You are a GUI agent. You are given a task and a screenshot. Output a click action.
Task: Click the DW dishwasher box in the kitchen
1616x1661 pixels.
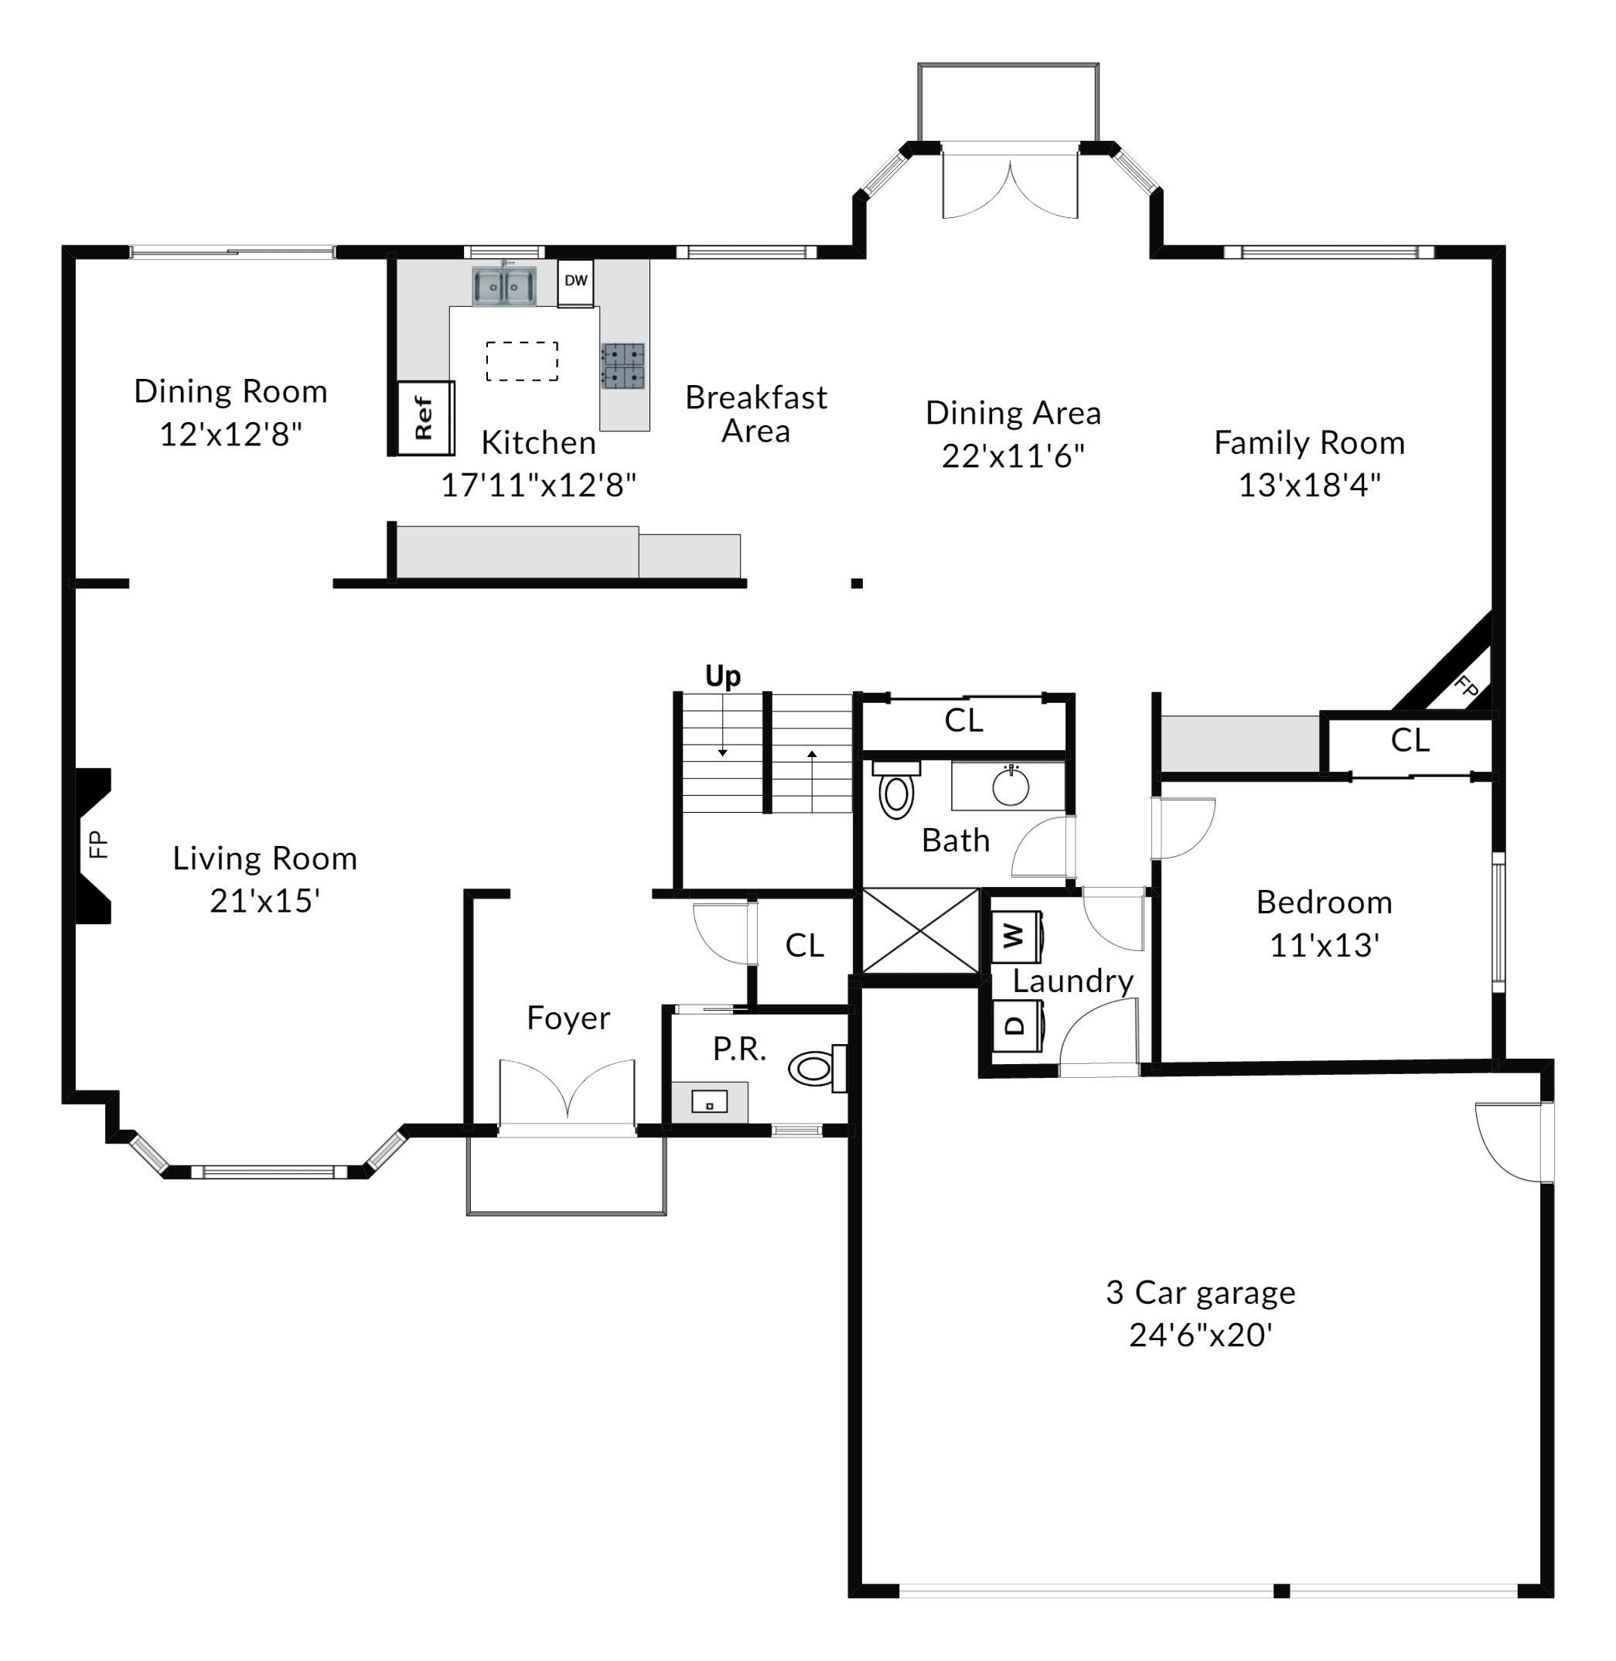coord(575,281)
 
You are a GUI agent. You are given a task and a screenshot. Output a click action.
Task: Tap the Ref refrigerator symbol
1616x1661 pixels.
coord(426,418)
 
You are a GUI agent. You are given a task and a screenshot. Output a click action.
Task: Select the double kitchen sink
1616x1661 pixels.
coord(504,286)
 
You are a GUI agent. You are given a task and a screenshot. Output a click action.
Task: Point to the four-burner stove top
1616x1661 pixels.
coord(623,366)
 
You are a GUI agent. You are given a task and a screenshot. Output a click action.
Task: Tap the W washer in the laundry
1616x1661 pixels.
coord(1017,937)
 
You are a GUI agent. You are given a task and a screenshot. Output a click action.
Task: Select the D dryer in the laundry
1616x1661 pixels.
coord(1017,1025)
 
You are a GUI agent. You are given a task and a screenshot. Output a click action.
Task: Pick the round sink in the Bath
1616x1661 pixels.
coord(1011,786)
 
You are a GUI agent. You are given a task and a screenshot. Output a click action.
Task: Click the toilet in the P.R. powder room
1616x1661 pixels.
coord(817,1068)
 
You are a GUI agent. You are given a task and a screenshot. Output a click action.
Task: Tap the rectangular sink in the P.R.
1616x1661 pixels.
coord(710,1102)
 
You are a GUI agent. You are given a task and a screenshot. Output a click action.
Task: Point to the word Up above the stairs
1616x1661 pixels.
coord(723,676)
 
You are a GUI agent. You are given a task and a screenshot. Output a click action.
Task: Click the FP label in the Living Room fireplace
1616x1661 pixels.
coord(98,844)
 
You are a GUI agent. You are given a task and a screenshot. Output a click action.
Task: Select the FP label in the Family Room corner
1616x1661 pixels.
coord(1466,687)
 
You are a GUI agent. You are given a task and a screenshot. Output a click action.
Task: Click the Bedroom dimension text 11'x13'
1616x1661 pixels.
coord(1324,945)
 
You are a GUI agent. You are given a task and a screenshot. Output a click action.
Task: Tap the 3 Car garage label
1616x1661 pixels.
coord(1200,1292)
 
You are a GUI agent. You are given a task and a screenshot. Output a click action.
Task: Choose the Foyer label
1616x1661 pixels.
coord(568,1018)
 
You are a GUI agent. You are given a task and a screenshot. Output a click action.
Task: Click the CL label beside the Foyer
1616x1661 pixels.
coord(805,945)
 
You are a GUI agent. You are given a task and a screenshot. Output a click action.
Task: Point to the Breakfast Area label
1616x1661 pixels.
coord(756,414)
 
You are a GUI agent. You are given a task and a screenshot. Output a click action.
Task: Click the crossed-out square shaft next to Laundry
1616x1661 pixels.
coord(921,931)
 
